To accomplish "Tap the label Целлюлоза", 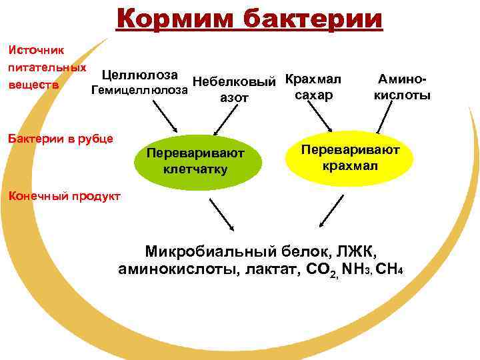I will [x=142, y=77].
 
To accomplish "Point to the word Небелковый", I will [x=234, y=83].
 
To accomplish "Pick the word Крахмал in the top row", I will [x=313, y=79].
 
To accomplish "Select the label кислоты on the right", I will [x=401, y=95].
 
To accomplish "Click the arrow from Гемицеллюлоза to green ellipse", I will [x=164, y=118].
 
